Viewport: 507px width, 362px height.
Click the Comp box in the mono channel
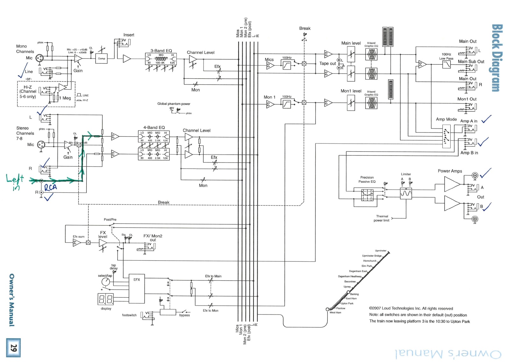pos(102,58)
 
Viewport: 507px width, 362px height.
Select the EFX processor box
pos(137,288)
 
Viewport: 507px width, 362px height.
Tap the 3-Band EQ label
pos(161,51)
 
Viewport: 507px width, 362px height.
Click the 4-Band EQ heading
pos(154,127)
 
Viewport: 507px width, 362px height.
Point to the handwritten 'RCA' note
pos(51,187)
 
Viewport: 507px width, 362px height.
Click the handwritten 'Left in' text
pos(15,182)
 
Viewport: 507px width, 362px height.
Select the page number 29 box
pos(13,348)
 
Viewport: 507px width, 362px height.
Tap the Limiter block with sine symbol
pos(406,193)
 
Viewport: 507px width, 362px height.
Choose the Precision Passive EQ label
pos(367,179)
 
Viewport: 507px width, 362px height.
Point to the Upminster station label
pos(381,251)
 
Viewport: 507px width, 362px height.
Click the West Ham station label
pos(335,313)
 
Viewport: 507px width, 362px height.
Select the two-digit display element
pos(106,299)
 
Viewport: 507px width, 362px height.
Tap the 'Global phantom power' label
pos(174,104)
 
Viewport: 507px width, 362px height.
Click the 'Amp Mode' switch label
pos(446,119)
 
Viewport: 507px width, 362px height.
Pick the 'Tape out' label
pos(327,63)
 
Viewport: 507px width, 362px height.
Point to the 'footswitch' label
pos(129,315)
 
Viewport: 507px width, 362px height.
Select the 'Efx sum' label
pos(78,237)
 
